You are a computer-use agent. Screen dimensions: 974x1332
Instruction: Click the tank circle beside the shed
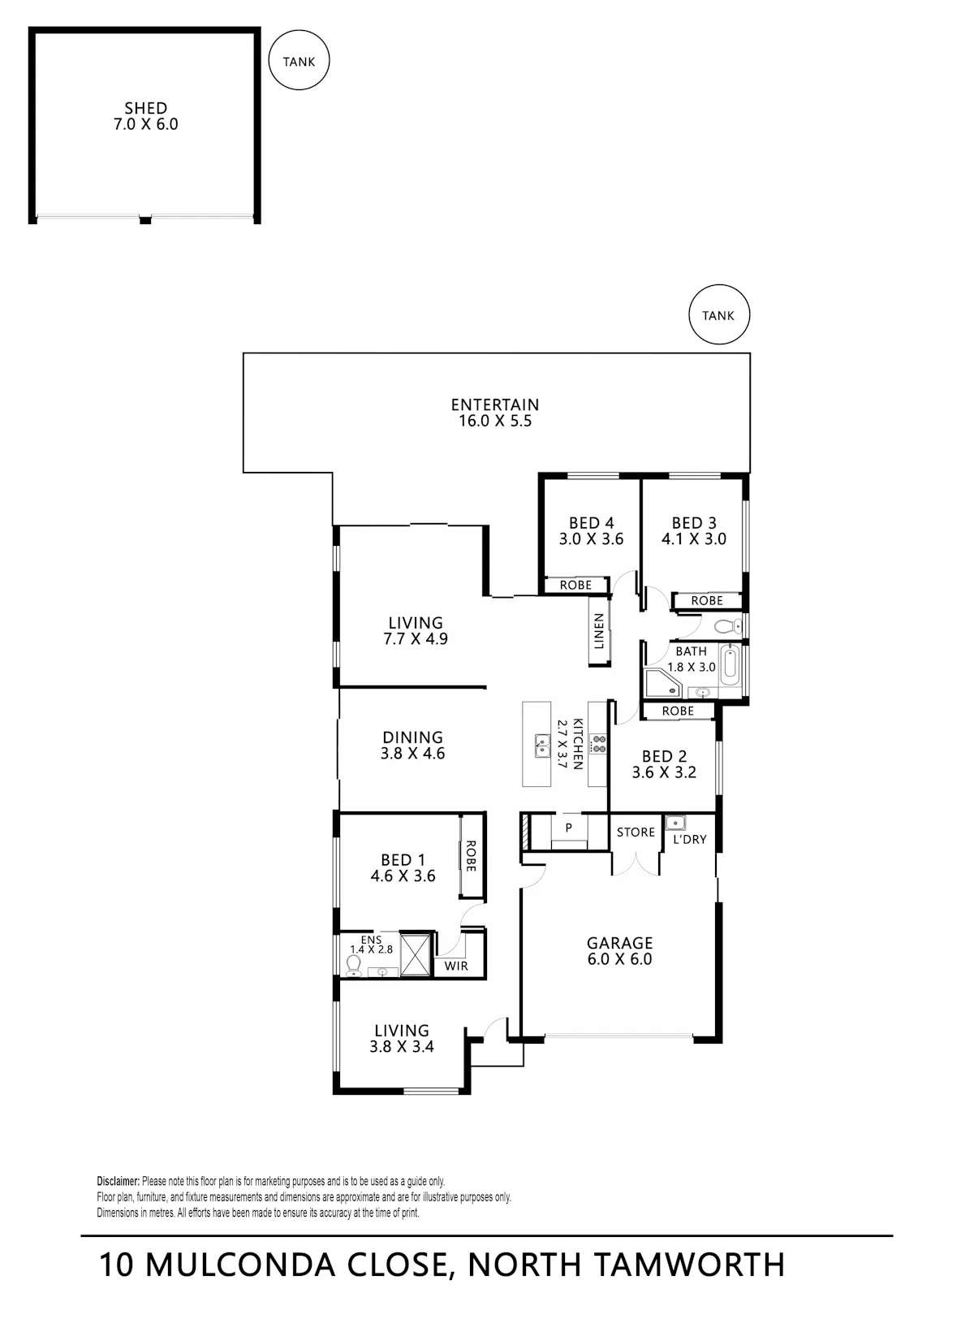(299, 61)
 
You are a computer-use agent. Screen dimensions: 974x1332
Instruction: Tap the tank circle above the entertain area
(719, 314)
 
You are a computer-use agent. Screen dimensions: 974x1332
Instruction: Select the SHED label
(145, 108)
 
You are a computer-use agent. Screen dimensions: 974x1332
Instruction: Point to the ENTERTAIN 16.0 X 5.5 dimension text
(495, 421)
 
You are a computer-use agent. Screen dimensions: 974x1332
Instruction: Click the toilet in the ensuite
(354, 966)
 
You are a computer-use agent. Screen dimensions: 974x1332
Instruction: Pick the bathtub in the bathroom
(730, 666)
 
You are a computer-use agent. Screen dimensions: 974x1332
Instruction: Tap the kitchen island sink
(542, 746)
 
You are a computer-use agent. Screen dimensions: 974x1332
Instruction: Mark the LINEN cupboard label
(599, 631)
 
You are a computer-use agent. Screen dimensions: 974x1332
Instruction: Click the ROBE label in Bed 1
(471, 856)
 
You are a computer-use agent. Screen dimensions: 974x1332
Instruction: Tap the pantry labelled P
(569, 827)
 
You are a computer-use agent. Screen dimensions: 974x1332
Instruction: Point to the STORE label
(636, 832)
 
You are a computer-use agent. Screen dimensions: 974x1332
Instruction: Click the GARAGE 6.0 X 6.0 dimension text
(620, 959)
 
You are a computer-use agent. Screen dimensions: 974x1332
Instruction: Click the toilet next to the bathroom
(729, 625)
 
